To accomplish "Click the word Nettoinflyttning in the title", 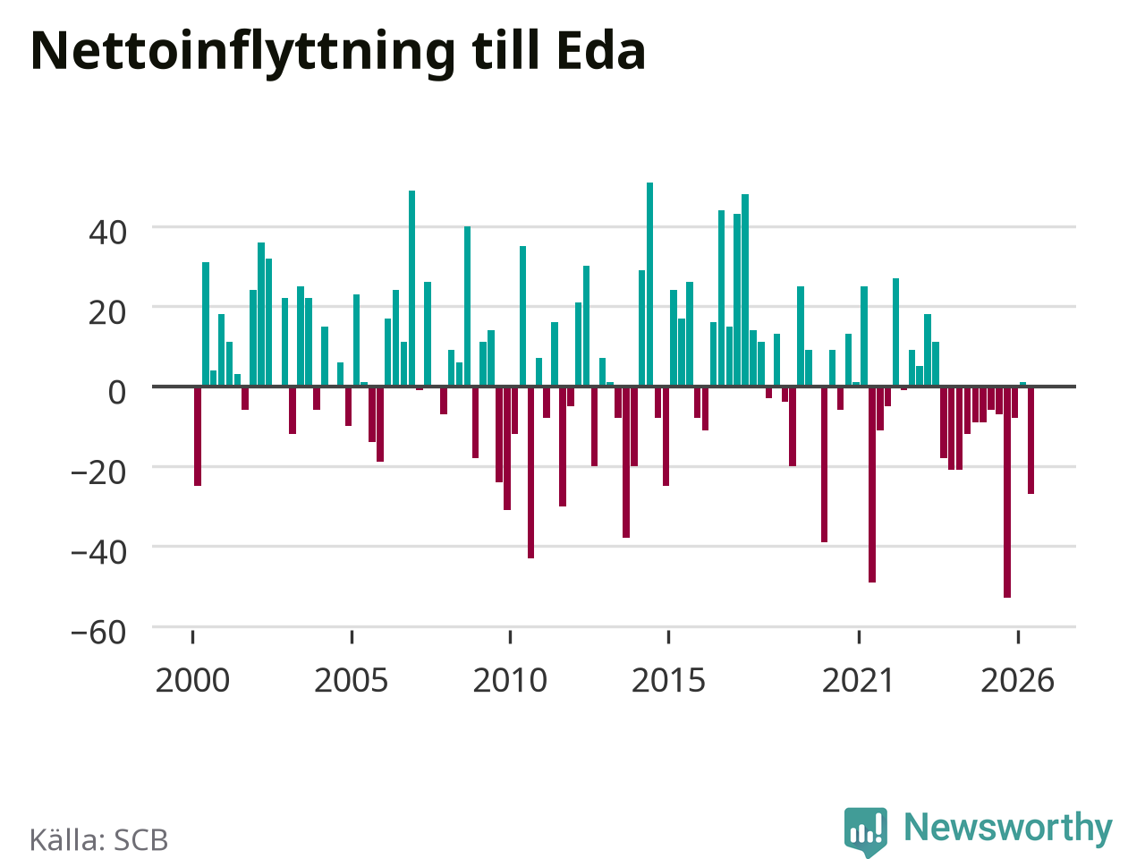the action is [x=242, y=53].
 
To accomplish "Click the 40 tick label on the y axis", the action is [x=107, y=234].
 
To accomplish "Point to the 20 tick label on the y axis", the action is [x=107, y=313].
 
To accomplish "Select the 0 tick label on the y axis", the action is [x=117, y=393].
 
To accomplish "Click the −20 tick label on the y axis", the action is [x=98, y=473].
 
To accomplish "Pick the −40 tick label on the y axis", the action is [x=98, y=553].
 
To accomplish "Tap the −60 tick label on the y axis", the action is [x=98, y=633].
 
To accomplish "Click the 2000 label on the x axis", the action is [x=192, y=681].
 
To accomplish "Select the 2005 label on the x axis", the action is [x=351, y=681].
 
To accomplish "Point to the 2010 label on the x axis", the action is [x=510, y=681].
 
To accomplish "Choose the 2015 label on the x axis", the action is [x=668, y=681].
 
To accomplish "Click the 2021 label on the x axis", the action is [x=859, y=681].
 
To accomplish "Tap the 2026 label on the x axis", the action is [x=1018, y=681].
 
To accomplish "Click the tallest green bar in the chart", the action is [x=650, y=285].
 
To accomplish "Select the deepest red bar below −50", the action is [x=1007, y=492].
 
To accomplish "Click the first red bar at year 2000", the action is [x=198, y=437].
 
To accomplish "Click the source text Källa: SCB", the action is [x=98, y=839].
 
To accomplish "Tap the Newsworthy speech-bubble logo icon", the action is [x=865, y=832].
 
